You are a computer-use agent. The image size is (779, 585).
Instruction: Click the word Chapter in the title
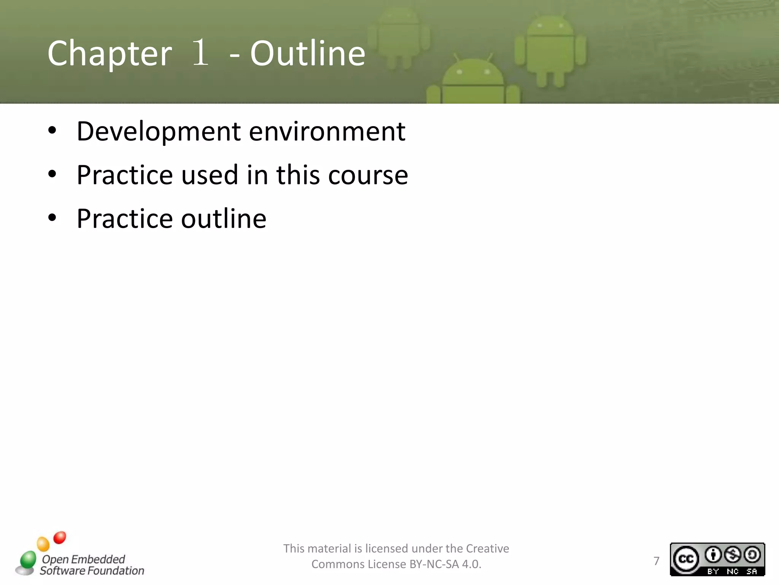(110, 54)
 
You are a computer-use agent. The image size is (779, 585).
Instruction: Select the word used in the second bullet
(209, 175)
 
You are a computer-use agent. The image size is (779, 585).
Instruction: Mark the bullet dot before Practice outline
(52, 218)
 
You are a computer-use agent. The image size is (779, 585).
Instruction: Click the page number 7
(656, 561)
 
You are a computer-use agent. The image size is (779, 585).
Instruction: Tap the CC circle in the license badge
(686, 559)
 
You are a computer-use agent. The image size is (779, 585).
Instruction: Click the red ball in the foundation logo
(60, 537)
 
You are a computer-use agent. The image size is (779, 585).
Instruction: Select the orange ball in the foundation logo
(43, 544)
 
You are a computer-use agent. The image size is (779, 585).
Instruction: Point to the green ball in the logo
(28, 560)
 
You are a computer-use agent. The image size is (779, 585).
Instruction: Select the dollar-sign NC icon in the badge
(733, 555)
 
